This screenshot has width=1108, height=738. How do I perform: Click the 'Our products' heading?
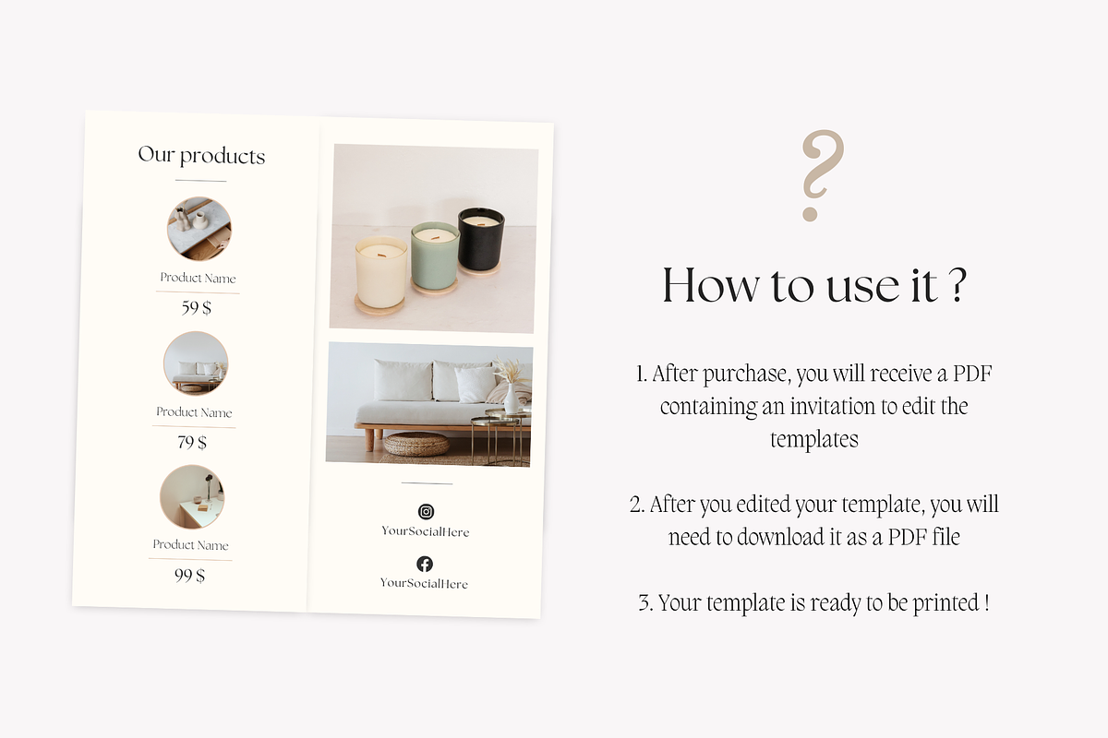point(201,155)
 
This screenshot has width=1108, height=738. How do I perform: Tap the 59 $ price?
point(197,307)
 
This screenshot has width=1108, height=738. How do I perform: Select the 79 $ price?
point(192,442)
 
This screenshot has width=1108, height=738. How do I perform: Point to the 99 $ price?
point(189,576)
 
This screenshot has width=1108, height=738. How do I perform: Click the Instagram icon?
point(426,511)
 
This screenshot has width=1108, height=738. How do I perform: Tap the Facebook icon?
point(425,564)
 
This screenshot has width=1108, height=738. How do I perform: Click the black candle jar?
point(480,239)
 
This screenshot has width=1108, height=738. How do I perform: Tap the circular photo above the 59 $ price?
point(199,229)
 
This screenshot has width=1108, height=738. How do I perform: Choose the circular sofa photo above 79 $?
point(196,363)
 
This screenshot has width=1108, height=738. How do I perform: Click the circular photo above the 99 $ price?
point(192,496)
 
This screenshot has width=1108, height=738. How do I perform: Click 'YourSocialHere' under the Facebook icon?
point(424,583)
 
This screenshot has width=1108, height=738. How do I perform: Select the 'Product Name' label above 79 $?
point(194,412)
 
